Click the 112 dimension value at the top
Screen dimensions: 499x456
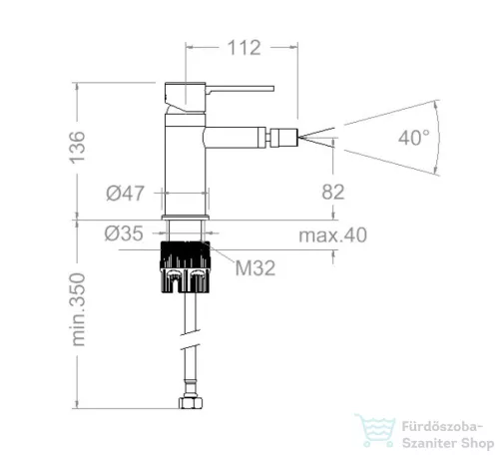[x=245, y=48]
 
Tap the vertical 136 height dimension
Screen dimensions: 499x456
[x=77, y=148]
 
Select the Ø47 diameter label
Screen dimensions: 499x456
[x=126, y=194]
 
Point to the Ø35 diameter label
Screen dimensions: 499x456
[x=124, y=233]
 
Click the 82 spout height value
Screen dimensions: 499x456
[x=333, y=192]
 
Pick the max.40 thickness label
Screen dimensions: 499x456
[x=333, y=235]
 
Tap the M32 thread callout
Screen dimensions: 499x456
[x=255, y=268]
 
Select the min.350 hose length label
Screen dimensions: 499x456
[x=78, y=309]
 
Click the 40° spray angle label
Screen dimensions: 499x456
[x=414, y=138]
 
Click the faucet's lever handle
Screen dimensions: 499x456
[x=240, y=89]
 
